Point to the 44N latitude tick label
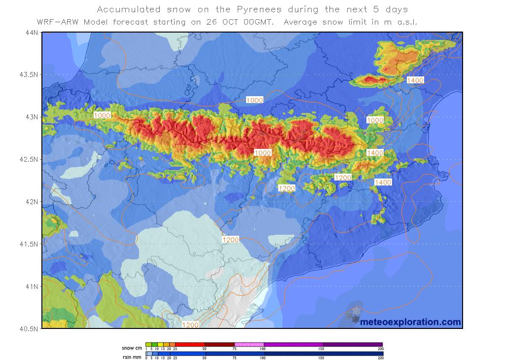pyautogui.click(x=32, y=33)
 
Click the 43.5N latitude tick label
pyautogui.click(x=29, y=74)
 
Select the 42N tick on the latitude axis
pyautogui.click(x=32, y=201)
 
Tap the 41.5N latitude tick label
pyautogui.click(x=29, y=244)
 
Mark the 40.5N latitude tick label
pyautogui.click(x=29, y=328)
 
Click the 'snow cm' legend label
pyautogui.click(x=132, y=348)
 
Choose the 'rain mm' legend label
pyautogui.click(x=132, y=354)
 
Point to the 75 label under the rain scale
pyautogui.click(x=234, y=358)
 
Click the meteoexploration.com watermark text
pyautogui.click(x=410, y=322)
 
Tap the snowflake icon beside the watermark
pyautogui.click(x=353, y=316)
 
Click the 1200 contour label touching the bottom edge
pyautogui.click(x=191, y=324)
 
